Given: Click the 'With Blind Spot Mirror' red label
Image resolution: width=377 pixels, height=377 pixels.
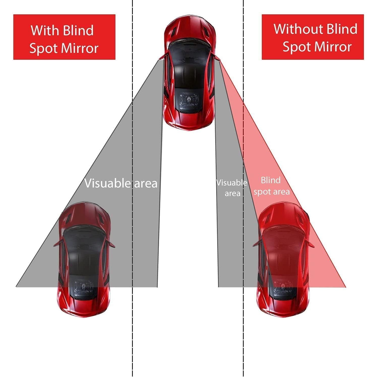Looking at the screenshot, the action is [64, 37].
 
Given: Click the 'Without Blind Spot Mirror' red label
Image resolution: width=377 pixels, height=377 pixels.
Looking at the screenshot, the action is [313, 37].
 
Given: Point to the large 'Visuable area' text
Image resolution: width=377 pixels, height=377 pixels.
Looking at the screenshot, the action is [121, 183].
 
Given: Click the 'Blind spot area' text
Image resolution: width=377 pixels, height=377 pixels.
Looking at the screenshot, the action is [271, 186].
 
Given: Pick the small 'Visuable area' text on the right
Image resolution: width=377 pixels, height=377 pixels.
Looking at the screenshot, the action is [232, 188].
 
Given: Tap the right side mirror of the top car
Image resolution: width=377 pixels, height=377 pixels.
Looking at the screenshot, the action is [217, 57].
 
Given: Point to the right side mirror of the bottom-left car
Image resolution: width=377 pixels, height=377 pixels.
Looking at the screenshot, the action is [111, 243].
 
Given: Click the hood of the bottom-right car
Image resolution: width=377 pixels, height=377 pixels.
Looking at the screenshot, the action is [283, 214].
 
